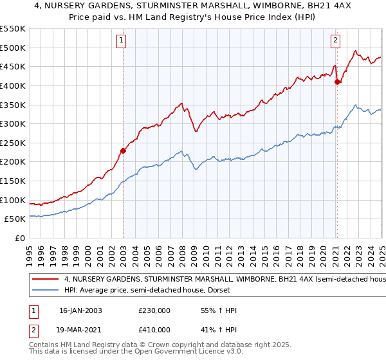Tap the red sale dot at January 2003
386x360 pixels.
(123, 150)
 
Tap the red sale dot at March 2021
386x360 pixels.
(337, 82)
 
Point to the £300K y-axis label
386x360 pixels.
(14, 123)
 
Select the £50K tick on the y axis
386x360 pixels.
(16, 219)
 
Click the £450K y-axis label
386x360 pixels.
(14, 66)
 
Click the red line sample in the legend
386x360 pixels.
(46, 280)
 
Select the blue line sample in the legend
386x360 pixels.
(46, 291)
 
